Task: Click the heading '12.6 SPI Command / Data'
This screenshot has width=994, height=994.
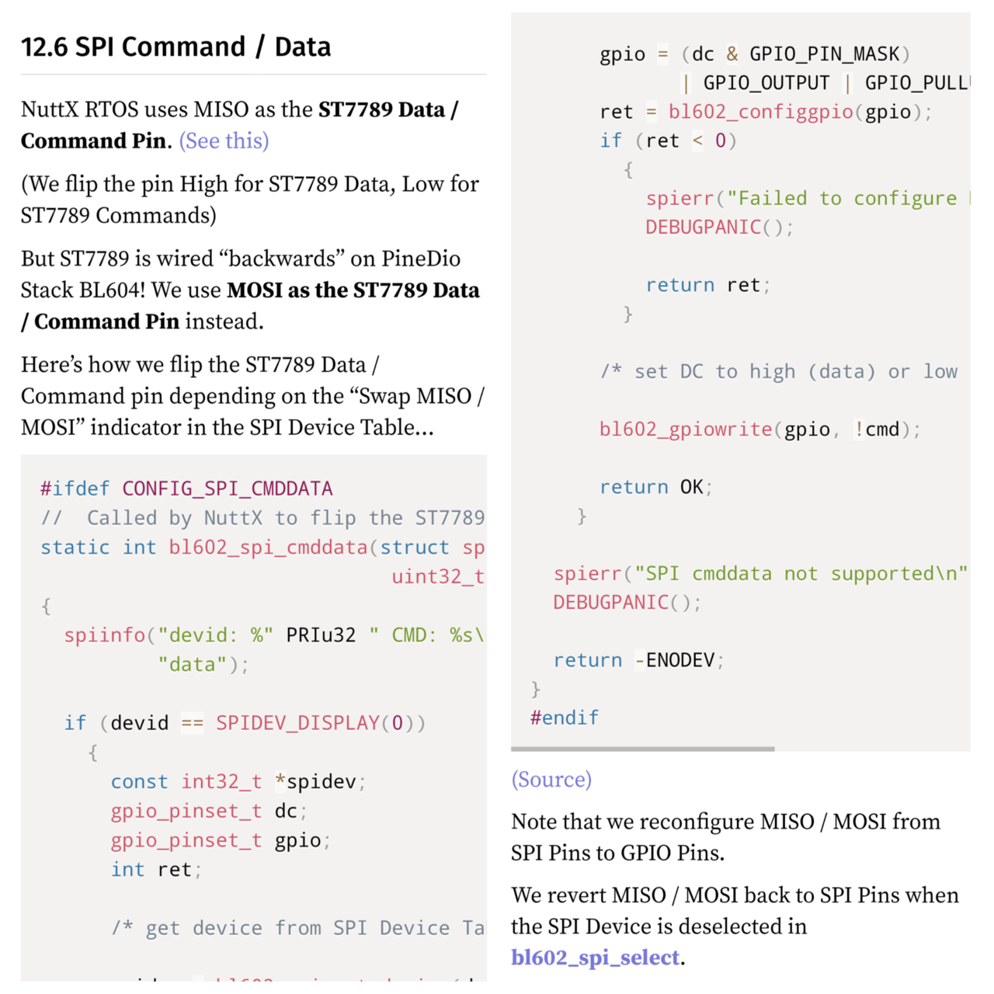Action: pyautogui.click(x=176, y=47)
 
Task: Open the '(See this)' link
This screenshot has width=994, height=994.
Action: pyautogui.click(x=224, y=141)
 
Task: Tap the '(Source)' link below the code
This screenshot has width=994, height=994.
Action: pyautogui.click(x=551, y=780)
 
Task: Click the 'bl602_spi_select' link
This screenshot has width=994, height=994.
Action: pyautogui.click(x=595, y=958)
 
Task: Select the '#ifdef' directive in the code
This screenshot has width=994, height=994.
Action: pyautogui.click(x=75, y=488)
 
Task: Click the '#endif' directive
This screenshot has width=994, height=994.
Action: pyautogui.click(x=564, y=718)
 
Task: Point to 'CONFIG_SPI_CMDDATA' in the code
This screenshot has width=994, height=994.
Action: pyautogui.click(x=227, y=488)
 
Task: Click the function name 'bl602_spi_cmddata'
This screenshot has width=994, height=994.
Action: pyautogui.click(x=268, y=547)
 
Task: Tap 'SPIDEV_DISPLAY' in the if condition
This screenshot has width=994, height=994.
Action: pyautogui.click(x=297, y=723)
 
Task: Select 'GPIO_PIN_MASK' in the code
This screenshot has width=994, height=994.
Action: pyautogui.click(x=824, y=54)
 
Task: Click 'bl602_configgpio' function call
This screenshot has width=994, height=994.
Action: pyautogui.click(x=760, y=112)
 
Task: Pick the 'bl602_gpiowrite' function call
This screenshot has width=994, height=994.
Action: pyautogui.click(x=686, y=429)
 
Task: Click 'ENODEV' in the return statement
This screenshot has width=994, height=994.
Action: pyautogui.click(x=680, y=660)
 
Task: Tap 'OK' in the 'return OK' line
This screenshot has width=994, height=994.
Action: pyautogui.click(x=691, y=487)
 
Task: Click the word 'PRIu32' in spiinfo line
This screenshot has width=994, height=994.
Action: pyautogui.click(x=320, y=635)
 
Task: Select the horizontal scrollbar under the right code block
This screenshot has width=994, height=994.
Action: pyautogui.click(x=642, y=749)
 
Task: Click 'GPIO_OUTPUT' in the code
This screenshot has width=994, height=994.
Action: pyautogui.click(x=766, y=83)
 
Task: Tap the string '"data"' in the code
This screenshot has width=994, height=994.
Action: pyautogui.click(x=192, y=665)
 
